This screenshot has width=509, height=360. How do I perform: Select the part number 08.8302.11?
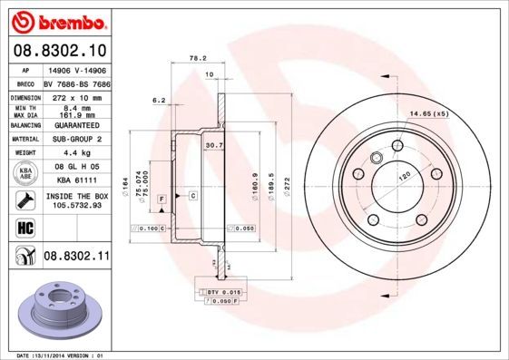[x=76, y=258]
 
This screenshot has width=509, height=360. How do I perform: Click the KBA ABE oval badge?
[x=23, y=174]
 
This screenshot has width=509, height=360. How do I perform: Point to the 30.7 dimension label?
[x=214, y=145]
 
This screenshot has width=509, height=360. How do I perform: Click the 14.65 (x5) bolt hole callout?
[x=429, y=113]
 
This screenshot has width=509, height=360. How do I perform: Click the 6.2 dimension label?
[x=158, y=100]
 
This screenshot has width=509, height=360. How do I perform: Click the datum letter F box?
[x=162, y=198]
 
